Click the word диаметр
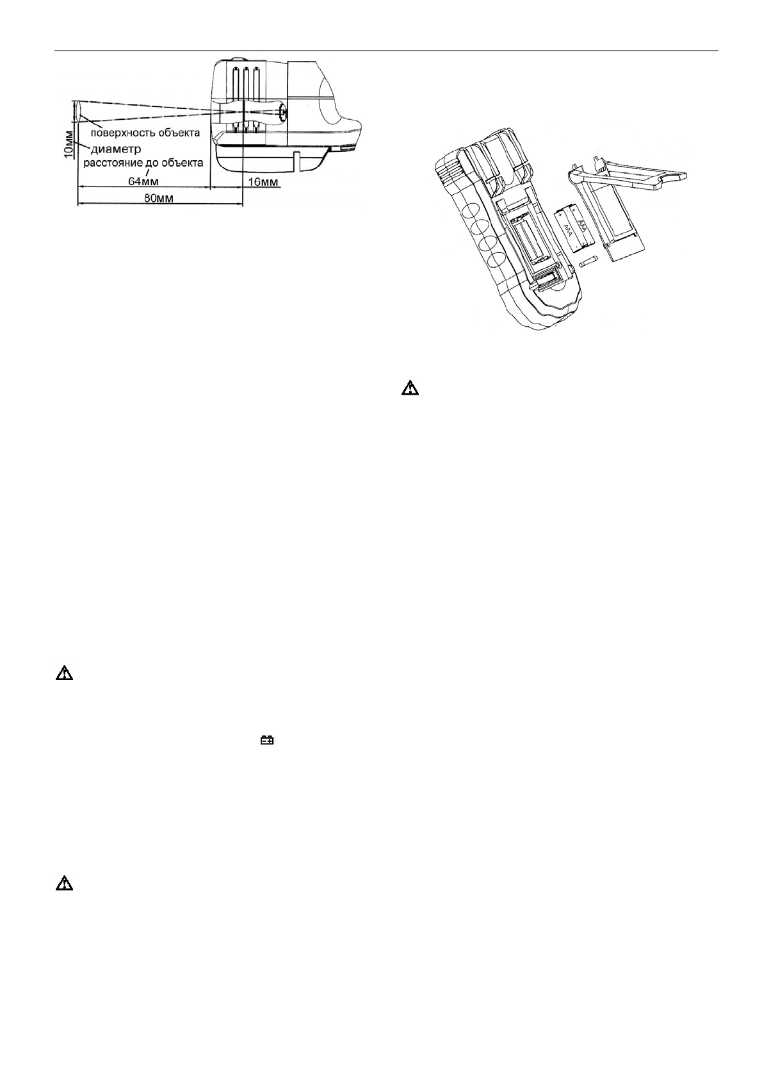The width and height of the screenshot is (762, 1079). pos(115,149)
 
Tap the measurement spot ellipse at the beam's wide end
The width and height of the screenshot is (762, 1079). pos(77,112)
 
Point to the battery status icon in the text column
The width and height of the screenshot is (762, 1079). pos(266,740)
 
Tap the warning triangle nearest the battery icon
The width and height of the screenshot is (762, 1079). pos(64,673)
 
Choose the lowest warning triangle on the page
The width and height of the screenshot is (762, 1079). pos(64,884)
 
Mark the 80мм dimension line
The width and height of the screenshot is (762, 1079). pos(160,204)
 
